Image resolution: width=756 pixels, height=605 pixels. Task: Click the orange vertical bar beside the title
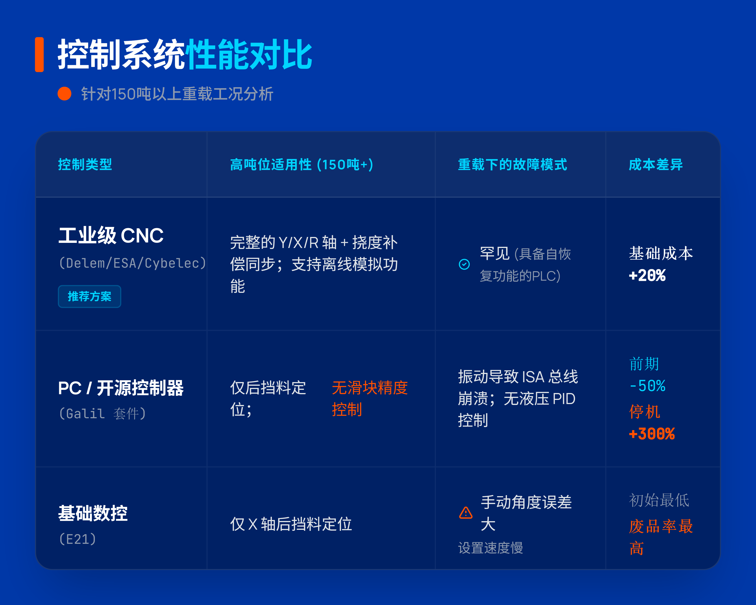click(39, 54)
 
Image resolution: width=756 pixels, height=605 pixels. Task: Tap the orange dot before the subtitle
click(65, 94)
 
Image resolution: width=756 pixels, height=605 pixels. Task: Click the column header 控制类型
click(85, 164)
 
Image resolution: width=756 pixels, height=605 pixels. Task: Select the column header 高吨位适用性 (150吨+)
click(302, 164)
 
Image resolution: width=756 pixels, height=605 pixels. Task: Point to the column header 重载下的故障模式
click(512, 164)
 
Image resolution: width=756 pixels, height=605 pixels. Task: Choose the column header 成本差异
click(656, 164)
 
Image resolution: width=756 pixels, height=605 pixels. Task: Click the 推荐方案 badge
click(89, 297)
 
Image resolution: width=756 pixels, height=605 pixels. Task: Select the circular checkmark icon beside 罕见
click(464, 264)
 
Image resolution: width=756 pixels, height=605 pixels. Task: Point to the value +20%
click(647, 276)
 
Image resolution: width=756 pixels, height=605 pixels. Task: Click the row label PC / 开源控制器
click(121, 388)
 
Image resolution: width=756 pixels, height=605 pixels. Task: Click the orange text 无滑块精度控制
click(370, 399)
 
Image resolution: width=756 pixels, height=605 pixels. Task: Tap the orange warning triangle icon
click(466, 513)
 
